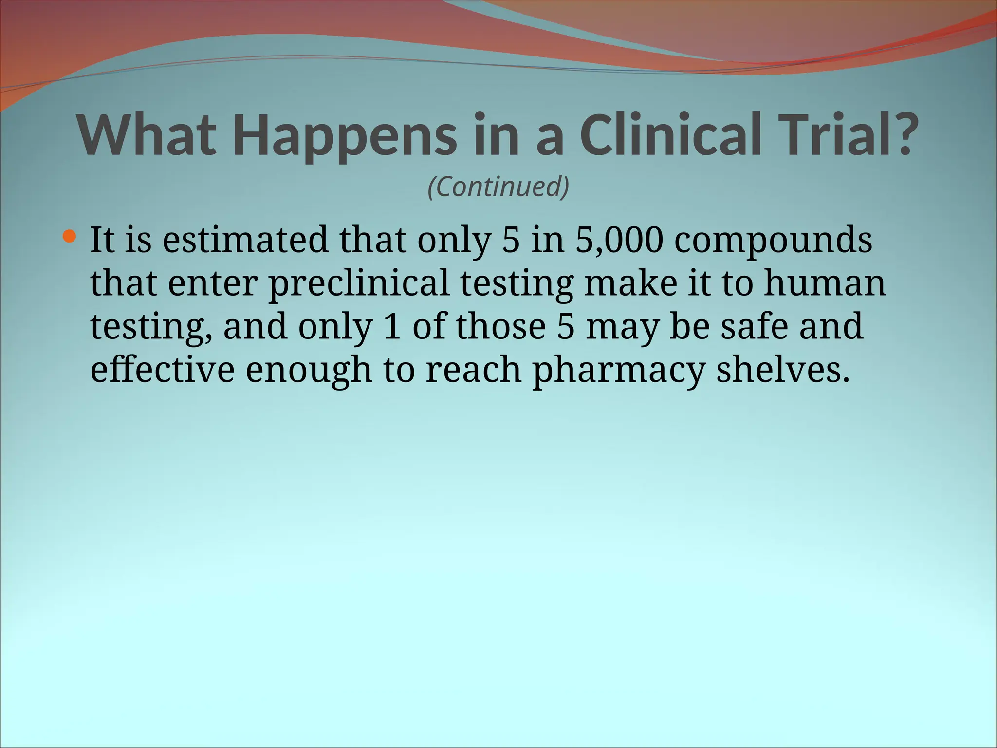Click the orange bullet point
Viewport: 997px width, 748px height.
pyautogui.click(x=70, y=237)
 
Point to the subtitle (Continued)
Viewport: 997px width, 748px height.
pyautogui.click(x=498, y=187)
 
